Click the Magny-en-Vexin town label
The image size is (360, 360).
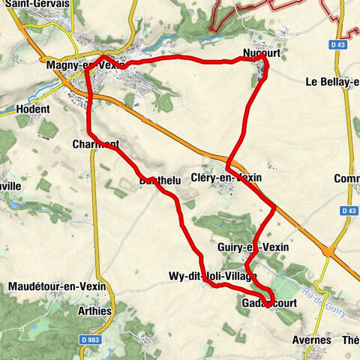(84, 66)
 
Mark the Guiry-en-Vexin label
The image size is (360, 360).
(252, 247)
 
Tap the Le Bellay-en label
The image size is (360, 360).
(330, 82)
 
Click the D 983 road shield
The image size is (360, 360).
(86, 340)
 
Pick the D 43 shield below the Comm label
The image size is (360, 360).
(346, 211)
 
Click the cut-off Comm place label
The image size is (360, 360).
(347, 178)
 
